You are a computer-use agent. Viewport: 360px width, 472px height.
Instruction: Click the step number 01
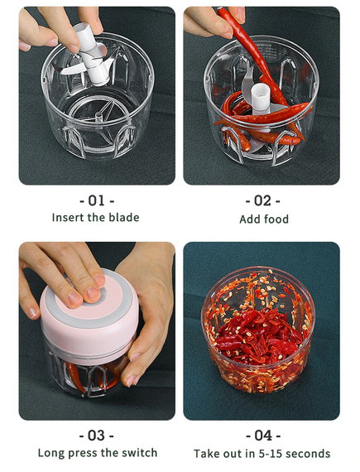[96, 200]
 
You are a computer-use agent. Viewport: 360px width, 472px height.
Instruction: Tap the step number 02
[262, 200]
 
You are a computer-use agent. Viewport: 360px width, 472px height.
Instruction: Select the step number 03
[96, 436]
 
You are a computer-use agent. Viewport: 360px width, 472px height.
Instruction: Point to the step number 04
[263, 436]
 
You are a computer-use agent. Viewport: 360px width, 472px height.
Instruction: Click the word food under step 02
[276, 219]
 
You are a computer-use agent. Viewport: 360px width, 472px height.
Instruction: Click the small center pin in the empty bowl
[98, 117]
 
